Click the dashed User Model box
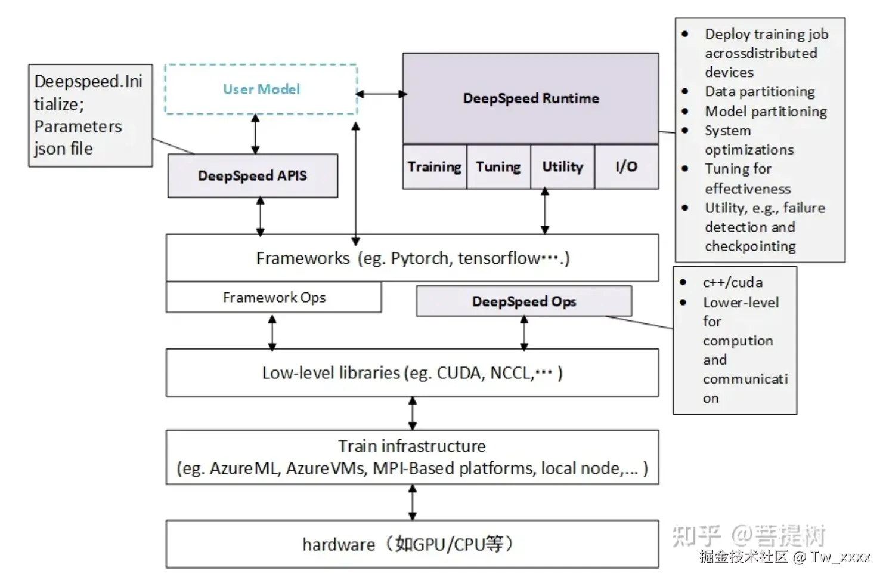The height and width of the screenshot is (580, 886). [x=261, y=90]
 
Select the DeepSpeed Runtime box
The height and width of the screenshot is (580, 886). [x=531, y=98]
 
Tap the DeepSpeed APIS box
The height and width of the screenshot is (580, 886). [x=252, y=176]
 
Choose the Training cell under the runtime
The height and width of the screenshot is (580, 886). [x=435, y=167]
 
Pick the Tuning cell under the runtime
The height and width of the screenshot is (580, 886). [x=498, y=167]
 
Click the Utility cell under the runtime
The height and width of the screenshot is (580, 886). [x=562, y=167]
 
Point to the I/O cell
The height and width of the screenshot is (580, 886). [x=627, y=167]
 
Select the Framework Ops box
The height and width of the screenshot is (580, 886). [x=274, y=298]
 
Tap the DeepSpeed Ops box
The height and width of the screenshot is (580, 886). [x=523, y=301]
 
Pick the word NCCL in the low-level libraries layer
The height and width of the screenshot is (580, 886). [x=511, y=373]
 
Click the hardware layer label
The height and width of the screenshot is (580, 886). [x=339, y=544]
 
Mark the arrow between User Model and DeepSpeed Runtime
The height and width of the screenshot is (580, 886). [x=382, y=94]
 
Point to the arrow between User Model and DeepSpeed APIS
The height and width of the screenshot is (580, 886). [x=255, y=134]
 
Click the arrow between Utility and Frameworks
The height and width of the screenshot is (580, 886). [x=544, y=211]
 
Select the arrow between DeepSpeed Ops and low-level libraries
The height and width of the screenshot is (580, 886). [x=524, y=333]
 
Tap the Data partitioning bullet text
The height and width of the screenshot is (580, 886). [x=760, y=91]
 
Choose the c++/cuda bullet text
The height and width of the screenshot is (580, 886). [x=732, y=282]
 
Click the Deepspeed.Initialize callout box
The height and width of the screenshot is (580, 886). [x=91, y=115]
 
